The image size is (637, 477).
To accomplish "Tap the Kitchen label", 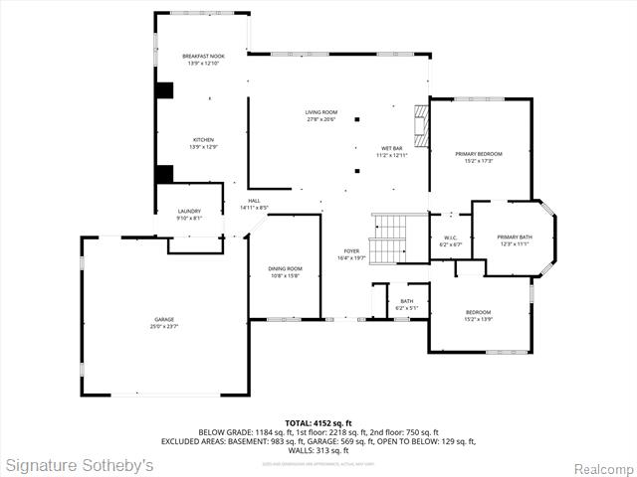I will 203,143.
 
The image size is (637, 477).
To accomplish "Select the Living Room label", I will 321,115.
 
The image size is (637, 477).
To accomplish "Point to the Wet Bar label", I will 392,151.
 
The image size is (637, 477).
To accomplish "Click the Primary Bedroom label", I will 479,157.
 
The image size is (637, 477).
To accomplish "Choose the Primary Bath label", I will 517,239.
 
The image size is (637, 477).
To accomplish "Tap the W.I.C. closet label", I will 450,240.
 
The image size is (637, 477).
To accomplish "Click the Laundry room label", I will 189,214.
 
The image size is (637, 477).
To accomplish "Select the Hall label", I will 254,204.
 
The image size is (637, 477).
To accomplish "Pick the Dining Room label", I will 285,272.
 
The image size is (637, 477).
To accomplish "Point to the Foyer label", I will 351,254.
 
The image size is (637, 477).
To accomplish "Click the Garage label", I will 163,322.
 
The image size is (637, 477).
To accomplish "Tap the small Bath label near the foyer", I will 407,304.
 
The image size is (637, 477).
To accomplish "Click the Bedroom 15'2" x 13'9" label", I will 479,316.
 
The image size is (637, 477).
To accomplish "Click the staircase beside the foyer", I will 390,238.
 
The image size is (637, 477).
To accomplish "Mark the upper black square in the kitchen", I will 164,89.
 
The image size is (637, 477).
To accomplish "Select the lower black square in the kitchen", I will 164,173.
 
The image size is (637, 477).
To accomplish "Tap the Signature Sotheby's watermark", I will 80,465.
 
